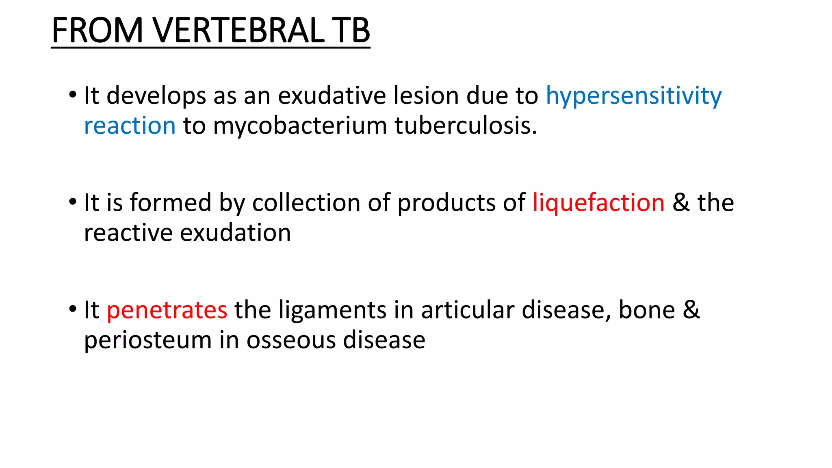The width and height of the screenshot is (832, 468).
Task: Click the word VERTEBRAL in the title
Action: tap(239, 30)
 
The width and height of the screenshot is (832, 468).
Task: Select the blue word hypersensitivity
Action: tap(633, 97)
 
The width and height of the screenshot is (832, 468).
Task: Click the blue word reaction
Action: tap(130, 126)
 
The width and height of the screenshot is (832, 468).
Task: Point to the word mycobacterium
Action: tap(300, 126)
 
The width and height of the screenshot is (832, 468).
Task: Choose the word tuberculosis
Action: tap(466, 126)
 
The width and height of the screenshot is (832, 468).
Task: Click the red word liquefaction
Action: tap(598, 202)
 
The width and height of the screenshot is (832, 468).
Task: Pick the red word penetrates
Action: tap(167, 310)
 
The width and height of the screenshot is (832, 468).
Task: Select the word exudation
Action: tap(235, 233)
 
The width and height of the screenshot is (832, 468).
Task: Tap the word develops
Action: tap(156, 97)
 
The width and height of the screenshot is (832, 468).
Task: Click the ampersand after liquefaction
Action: tap(681, 202)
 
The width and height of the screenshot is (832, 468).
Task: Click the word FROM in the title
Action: tap(97, 30)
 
